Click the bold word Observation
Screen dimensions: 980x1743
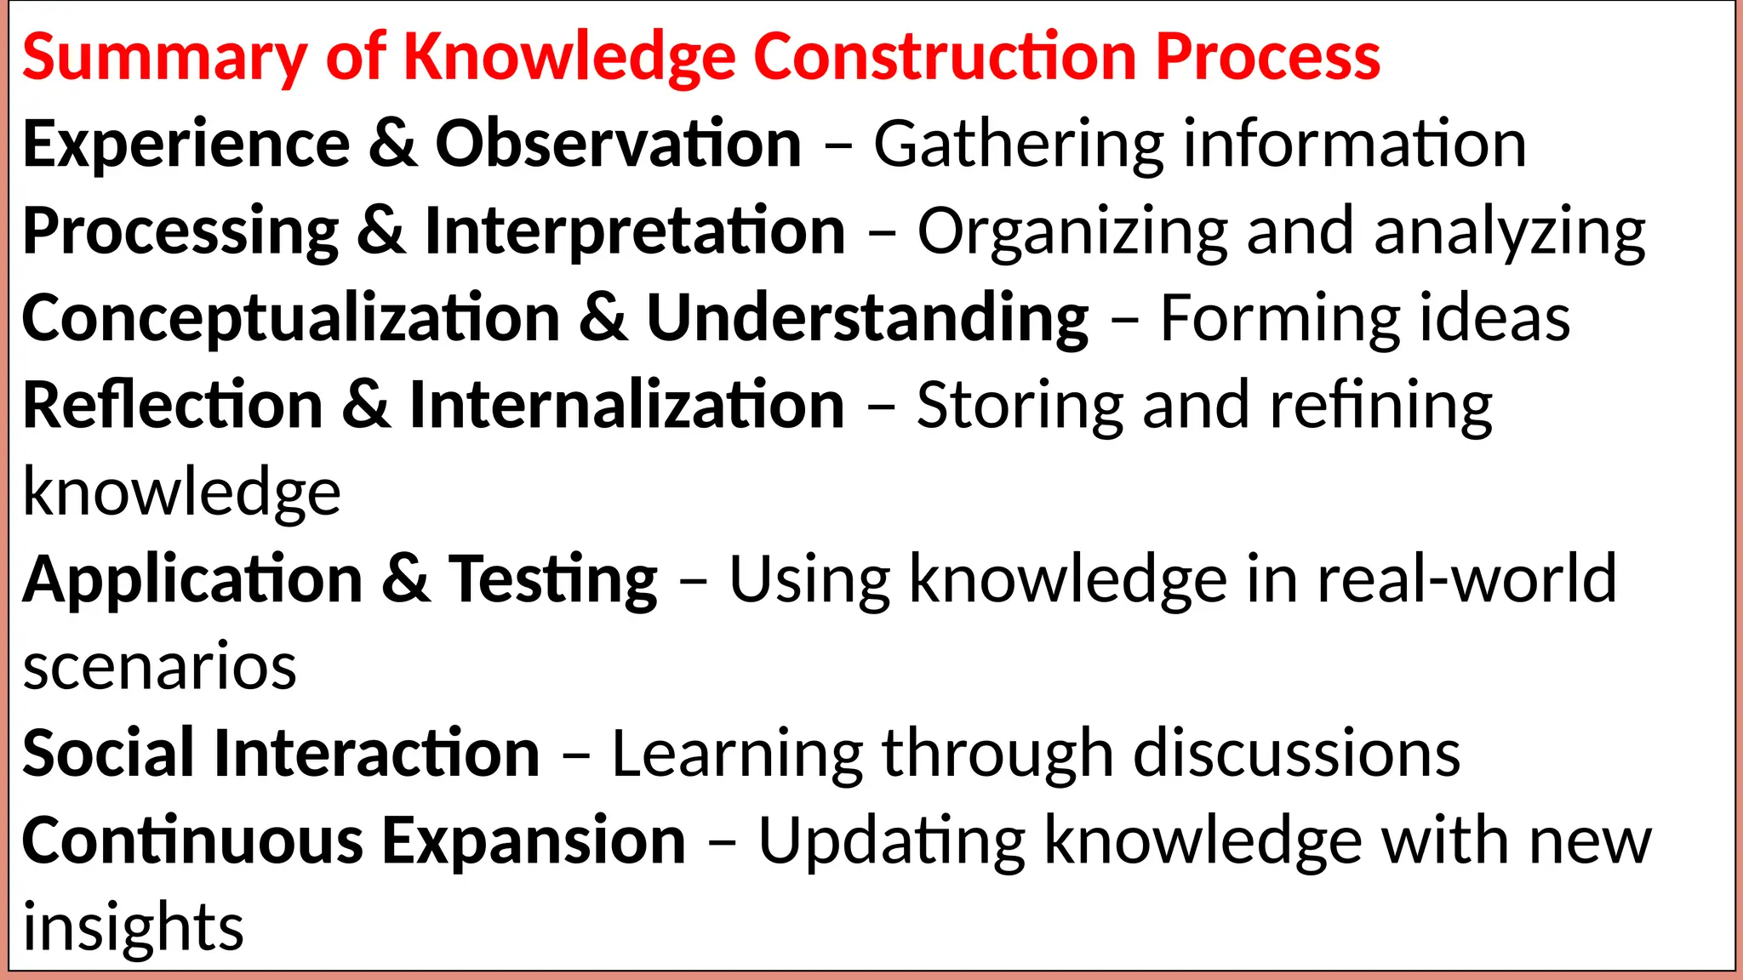(x=619, y=144)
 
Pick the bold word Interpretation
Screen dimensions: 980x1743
(x=635, y=231)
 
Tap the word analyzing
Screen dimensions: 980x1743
(x=1510, y=233)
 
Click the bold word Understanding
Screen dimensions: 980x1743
(x=867, y=319)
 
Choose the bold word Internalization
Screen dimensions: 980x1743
(x=627, y=406)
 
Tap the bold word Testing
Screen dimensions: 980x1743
(x=553, y=581)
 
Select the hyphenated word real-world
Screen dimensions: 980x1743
(x=1466, y=579)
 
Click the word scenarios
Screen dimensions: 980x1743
(x=160, y=666)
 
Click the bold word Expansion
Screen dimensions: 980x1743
(x=534, y=841)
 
